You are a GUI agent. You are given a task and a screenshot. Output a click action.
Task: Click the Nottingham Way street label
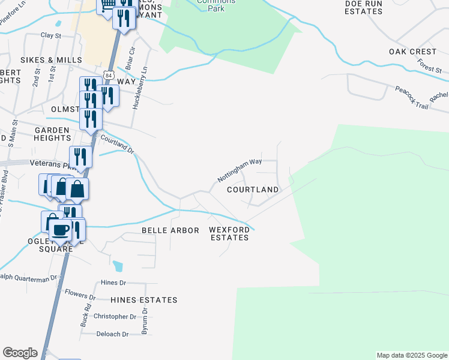pos(240,170)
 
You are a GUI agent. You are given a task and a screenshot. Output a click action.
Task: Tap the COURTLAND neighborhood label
pos(253,190)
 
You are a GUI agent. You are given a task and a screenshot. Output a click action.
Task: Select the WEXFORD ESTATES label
pos(229,233)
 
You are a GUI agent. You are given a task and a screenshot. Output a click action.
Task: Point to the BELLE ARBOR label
pos(170,230)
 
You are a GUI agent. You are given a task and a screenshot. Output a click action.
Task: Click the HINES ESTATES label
pos(144,300)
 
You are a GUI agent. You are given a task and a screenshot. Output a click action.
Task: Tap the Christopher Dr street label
pos(115,316)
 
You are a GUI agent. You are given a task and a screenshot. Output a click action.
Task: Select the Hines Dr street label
pos(113,282)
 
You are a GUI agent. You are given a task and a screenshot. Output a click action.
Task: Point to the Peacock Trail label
pos(411,97)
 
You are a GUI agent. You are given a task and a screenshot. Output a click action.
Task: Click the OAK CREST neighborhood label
pos(412,52)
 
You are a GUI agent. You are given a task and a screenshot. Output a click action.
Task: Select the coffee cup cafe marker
pos(60,230)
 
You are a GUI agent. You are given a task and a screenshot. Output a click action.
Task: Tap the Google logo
pos(20,353)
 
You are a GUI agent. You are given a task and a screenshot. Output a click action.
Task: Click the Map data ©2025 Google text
pos(411,355)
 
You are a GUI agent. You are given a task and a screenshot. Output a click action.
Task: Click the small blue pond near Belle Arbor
pos(118,265)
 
